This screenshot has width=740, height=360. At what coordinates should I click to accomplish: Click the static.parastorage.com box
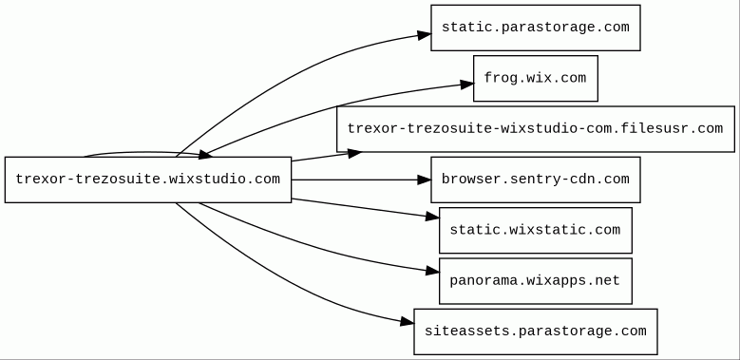(536, 28)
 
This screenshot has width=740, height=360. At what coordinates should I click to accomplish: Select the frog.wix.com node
(536, 78)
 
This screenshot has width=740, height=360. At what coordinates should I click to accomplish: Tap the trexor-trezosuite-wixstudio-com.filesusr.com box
(536, 129)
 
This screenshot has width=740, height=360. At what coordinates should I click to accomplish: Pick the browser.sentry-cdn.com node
(536, 180)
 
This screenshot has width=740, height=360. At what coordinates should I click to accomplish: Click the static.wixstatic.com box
(536, 230)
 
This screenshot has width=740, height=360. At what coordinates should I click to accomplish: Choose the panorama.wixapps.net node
(536, 281)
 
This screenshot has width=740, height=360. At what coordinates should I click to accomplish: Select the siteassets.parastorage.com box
(536, 332)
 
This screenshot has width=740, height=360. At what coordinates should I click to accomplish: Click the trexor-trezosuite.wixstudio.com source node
(148, 180)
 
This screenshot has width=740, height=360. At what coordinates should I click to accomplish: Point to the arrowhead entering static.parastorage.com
(425, 34)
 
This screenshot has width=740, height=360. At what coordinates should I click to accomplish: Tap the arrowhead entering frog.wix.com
(466, 85)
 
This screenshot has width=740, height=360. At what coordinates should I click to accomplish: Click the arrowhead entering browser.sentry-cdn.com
(425, 180)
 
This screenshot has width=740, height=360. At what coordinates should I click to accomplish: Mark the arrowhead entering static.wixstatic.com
(432, 217)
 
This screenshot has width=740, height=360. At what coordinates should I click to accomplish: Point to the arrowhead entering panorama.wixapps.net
(432, 271)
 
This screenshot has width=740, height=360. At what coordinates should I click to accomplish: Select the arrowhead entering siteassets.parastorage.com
(407, 322)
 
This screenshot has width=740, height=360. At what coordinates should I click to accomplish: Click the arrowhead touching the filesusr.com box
(354, 153)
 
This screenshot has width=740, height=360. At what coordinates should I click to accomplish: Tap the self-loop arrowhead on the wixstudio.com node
(205, 155)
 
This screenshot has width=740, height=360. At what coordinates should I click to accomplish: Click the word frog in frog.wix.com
(501, 78)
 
